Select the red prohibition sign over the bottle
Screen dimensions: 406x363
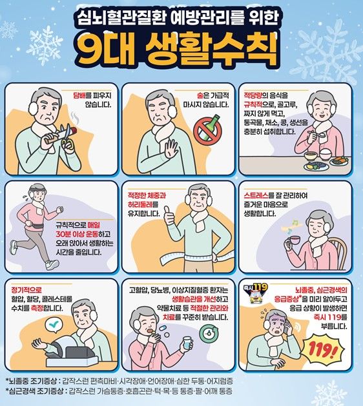(208, 129)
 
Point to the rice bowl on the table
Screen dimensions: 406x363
(313, 155)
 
